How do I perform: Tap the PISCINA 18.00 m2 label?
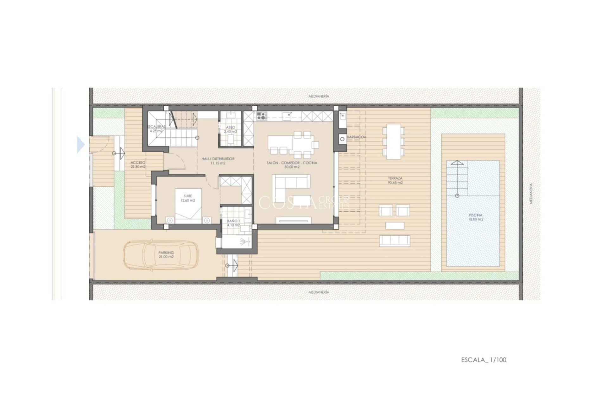click(x=476, y=217)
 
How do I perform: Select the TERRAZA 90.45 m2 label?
click(x=395, y=180)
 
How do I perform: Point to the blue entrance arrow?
click(x=81, y=145)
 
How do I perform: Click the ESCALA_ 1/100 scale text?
click(x=484, y=360)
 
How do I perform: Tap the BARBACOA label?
click(x=357, y=137)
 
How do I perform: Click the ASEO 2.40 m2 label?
click(x=231, y=129)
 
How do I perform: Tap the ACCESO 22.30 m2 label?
click(x=138, y=165)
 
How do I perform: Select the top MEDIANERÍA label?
click(x=319, y=96)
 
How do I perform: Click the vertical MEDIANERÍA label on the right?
click(x=531, y=193)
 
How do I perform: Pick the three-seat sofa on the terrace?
click(x=394, y=240)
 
